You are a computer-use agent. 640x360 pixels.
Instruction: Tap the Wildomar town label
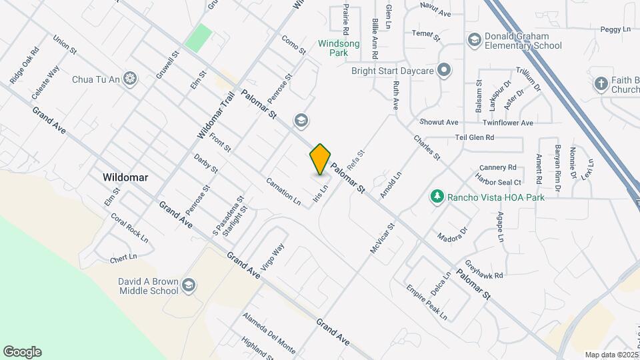125,178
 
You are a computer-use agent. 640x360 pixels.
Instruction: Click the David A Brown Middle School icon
189,285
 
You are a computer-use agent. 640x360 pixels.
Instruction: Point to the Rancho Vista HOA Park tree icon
437,197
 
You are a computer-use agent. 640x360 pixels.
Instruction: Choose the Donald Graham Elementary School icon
474,40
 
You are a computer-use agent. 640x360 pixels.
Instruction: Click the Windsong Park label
338,47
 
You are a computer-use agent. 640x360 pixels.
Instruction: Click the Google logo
22,352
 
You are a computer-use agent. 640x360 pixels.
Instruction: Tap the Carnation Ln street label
283,190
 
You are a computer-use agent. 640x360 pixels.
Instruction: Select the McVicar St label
383,237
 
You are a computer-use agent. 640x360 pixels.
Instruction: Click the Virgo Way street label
273,255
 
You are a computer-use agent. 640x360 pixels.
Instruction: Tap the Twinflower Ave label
508,123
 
